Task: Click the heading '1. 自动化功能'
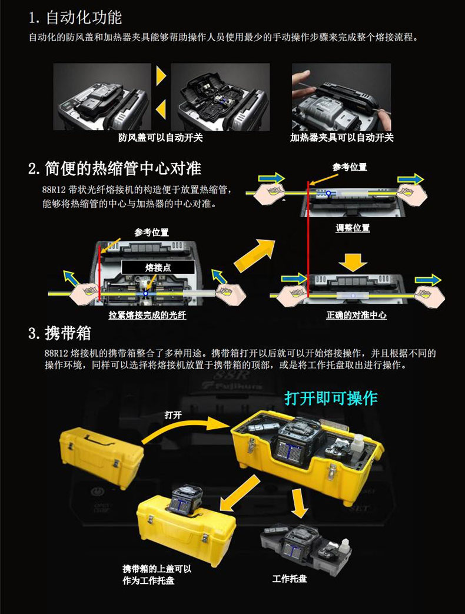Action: [75, 17]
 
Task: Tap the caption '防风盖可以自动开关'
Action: [161, 137]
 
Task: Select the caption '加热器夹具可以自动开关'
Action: [342, 137]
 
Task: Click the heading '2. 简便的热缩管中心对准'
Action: [115, 168]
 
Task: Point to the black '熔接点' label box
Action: [158, 267]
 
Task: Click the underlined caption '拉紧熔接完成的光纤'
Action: [147, 315]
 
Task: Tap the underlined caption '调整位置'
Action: [352, 228]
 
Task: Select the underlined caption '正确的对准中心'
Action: [356, 315]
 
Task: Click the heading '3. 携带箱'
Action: [59, 333]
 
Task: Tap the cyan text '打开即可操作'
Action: [331, 398]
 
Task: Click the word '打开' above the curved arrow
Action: [173, 415]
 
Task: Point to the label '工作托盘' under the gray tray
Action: [290, 579]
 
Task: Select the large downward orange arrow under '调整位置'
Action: [353, 262]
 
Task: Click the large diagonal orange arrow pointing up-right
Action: [254, 255]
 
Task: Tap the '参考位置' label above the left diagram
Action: [151, 233]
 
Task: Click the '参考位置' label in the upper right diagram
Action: [350, 167]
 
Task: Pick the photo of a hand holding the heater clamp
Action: [341, 97]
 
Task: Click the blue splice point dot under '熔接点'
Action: [145, 293]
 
